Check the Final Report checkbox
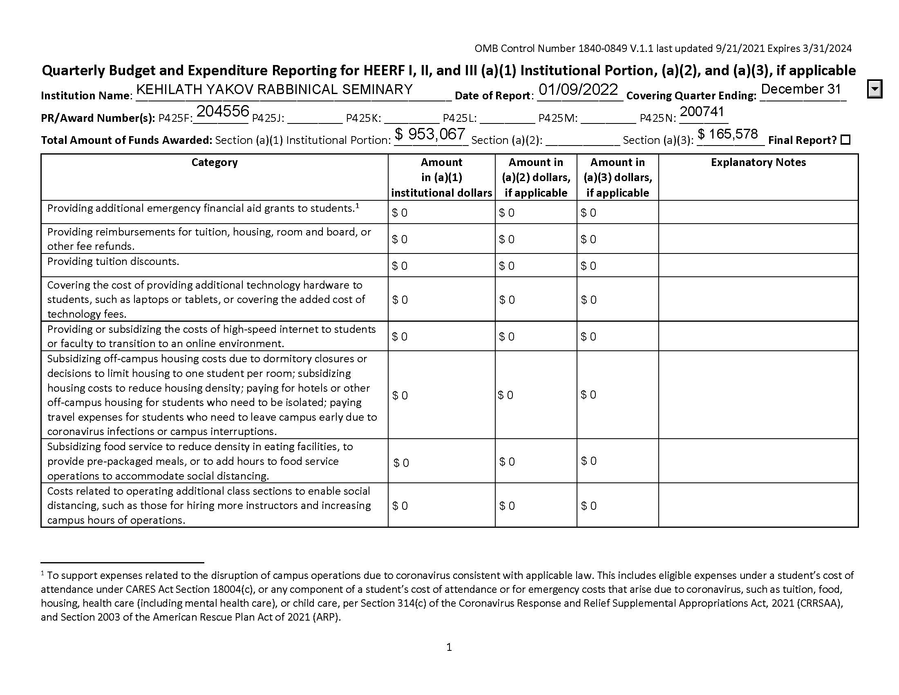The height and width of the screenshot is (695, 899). (845, 140)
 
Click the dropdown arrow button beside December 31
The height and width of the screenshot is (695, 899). (875, 89)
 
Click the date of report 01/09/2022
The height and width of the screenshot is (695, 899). (578, 90)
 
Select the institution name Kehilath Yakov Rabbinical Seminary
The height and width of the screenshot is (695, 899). (274, 90)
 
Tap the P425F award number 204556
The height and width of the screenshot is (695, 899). (223, 111)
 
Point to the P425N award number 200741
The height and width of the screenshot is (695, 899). (701, 112)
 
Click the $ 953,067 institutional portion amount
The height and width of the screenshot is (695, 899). (430, 134)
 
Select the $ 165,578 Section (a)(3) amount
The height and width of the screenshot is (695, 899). (727, 134)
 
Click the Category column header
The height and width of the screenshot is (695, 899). (215, 162)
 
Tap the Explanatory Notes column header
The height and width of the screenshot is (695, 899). (758, 162)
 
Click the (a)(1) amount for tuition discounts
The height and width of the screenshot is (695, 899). (400, 266)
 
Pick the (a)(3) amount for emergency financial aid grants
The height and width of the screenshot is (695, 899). (588, 213)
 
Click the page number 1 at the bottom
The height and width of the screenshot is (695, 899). (449, 648)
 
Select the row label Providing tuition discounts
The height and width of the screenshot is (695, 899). (113, 262)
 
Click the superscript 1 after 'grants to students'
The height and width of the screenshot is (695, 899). (358, 206)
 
